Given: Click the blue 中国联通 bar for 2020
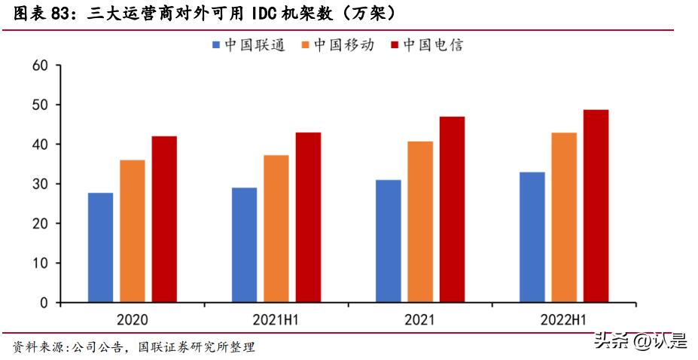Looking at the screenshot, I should coord(101,248).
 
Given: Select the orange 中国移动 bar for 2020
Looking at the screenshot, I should coord(133,231).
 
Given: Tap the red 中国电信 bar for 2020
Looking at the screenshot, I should coord(164,219).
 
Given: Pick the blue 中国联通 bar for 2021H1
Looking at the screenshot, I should coord(244,245).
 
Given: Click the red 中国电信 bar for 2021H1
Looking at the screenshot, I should coord(308,218).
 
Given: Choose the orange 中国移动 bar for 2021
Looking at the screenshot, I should coord(420,222).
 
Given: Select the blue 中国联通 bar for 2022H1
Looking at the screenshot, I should coord(532,237).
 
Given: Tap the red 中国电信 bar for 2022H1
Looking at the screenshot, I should coord(596,206).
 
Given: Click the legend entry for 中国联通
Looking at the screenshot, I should coord(249,45).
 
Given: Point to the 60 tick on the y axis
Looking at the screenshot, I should coord(41,66).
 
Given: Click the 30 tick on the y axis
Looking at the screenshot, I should coord(41,185).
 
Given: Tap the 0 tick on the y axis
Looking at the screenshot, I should coord(44,303).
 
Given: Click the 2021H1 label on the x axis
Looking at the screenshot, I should coord(276,319).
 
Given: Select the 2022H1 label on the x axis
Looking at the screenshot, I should coord(564,319).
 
